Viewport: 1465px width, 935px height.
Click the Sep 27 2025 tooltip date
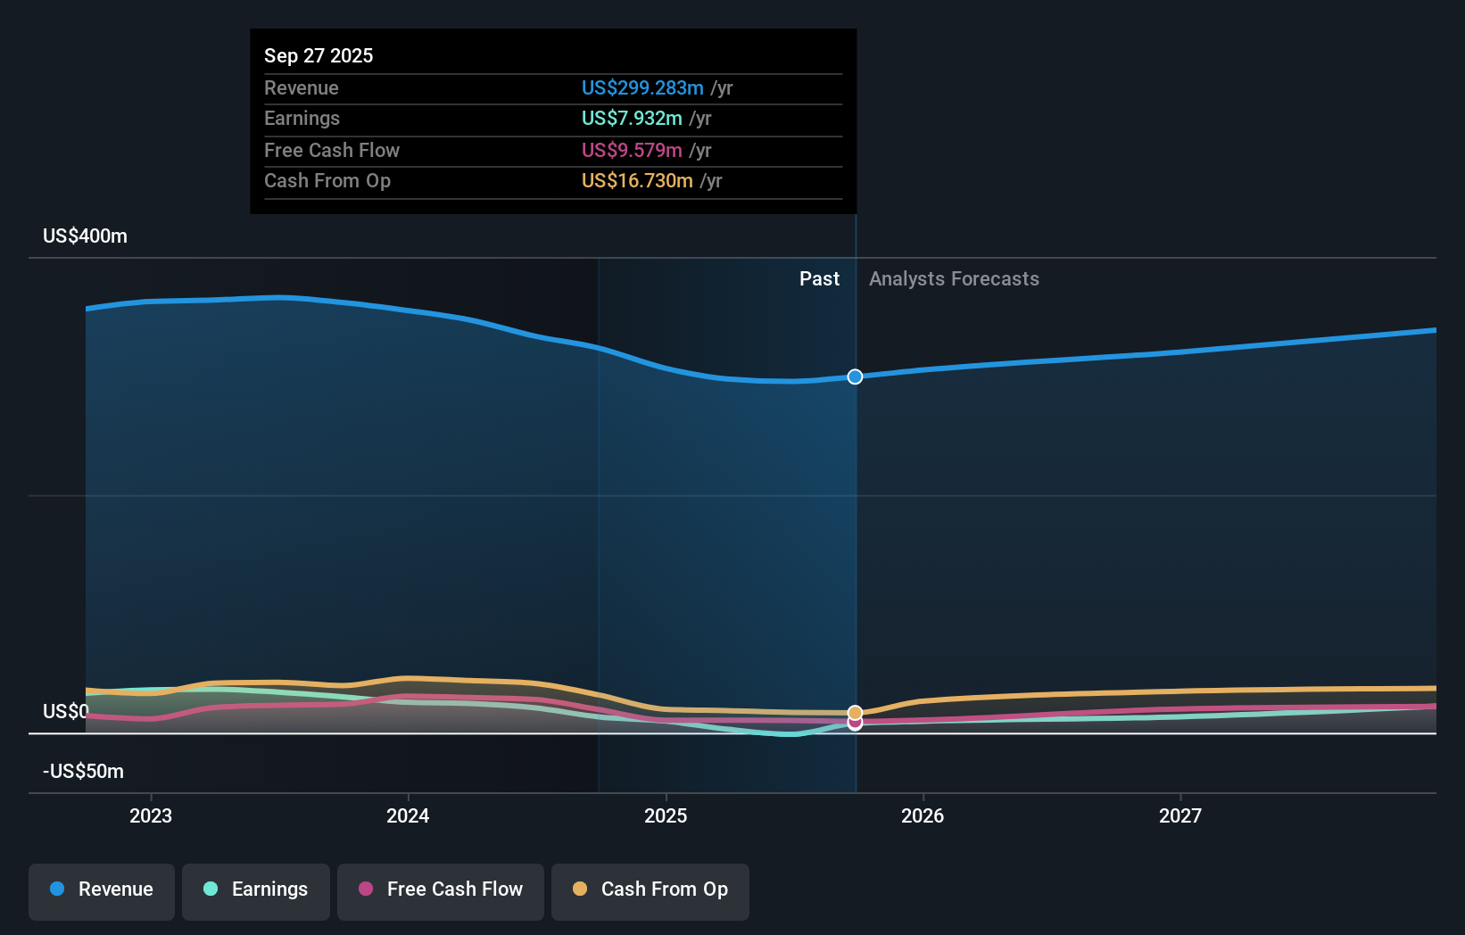[319, 55]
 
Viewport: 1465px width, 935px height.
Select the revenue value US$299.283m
[642, 87]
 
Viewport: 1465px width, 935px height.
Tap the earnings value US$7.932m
[632, 118]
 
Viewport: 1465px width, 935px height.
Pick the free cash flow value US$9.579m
[632, 150]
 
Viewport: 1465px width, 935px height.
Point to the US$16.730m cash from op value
[637, 180]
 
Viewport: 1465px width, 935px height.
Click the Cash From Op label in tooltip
[327, 180]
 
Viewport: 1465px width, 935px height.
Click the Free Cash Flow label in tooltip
[332, 150]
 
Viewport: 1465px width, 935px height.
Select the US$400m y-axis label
[85, 236]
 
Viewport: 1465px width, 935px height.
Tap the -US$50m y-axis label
[83, 771]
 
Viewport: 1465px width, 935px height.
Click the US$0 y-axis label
[65, 711]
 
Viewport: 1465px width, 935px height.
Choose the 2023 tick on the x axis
[151, 815]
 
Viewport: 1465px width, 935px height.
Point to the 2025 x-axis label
[666, 815]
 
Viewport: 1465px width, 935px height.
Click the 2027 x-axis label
[1179, 815]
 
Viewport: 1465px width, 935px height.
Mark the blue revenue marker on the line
[855, 376]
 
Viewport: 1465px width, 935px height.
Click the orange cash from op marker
[855, 712]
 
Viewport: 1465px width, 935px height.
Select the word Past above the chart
[819, 278]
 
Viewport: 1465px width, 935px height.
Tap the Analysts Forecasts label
[954, 278]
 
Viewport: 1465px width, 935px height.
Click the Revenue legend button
[102, 889]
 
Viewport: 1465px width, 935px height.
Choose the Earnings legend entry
[256, 889]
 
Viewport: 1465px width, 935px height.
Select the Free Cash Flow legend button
[441, 889]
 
